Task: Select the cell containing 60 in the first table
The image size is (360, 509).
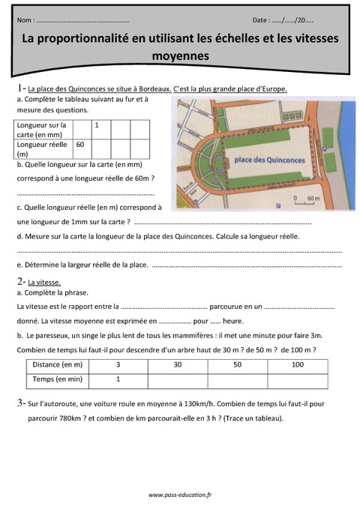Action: tap(80, 144)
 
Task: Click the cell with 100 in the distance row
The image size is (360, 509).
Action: tap(297, 364)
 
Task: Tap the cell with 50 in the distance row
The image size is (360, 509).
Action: tap(237, 364)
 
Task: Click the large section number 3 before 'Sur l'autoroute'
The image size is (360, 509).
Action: tap(19, 403)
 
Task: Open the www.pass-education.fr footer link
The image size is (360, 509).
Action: tap(180, 495)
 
